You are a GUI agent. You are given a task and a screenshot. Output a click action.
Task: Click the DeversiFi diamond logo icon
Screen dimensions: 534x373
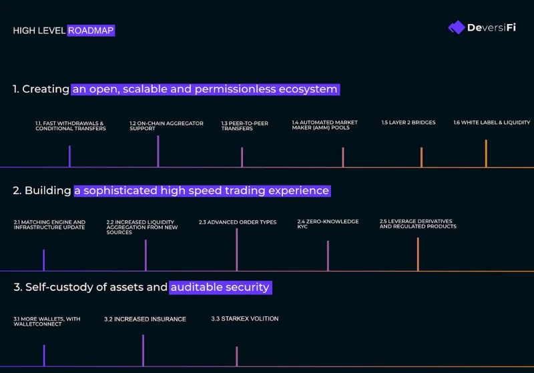click(457, 27)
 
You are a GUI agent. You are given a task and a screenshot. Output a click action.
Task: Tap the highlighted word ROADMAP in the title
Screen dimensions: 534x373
click(91, 31)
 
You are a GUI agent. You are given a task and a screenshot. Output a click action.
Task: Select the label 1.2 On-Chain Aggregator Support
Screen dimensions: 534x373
click(166, 126)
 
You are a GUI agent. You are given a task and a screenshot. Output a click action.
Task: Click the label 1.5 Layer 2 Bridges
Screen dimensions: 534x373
click(409, 123)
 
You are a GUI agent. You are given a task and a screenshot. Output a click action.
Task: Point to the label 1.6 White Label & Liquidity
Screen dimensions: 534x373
click(491, 123)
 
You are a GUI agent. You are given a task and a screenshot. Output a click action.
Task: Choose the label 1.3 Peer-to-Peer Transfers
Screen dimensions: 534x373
click(244, 126)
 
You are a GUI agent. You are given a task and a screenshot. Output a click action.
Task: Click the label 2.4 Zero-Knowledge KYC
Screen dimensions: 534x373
click(328, 224)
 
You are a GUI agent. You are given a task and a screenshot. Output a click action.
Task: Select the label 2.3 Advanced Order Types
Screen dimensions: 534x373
click(238, 222)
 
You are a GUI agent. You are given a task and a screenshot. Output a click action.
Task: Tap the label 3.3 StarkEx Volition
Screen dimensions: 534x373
click(244, 319)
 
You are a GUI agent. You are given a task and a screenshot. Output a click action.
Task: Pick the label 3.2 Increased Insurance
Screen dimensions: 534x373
click(145, 319)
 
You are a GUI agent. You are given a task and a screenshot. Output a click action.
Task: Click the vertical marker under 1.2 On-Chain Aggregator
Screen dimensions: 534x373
click(158, 151)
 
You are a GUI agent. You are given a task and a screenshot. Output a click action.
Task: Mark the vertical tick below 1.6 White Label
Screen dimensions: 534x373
click(486, 153)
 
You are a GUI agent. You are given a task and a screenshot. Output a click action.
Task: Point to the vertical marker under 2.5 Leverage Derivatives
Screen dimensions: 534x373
click(418, 254)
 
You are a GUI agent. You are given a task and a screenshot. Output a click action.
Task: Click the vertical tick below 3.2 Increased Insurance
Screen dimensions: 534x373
click(143, 350)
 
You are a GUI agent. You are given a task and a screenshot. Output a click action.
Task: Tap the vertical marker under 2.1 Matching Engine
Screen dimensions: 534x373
click(44, 260)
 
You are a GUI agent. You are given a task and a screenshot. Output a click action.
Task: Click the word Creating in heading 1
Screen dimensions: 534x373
click(45, 89)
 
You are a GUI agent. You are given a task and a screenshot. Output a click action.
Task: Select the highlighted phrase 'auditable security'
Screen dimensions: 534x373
click(220, 287)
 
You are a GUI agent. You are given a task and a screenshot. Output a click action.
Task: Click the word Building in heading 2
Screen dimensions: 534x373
click(47, 191)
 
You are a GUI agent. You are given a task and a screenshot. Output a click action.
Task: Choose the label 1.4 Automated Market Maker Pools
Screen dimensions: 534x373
click(324, 125)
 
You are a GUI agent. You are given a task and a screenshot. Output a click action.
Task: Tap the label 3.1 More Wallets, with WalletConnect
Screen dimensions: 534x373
click(47, 322)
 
